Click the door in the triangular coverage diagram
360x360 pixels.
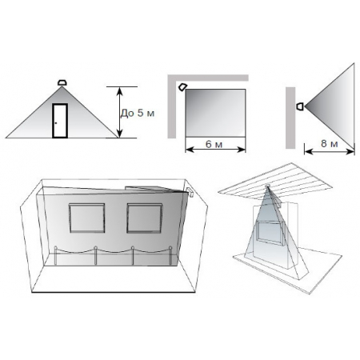point(60,121)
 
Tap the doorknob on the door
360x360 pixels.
point(56,123)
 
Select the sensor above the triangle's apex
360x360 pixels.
point(62,82)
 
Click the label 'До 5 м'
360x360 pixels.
point(138,113)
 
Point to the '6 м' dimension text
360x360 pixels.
point(214,144)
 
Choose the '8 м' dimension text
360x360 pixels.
point(330,143)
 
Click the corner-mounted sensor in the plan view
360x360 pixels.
point(182,87)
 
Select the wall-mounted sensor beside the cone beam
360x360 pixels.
point(300,106)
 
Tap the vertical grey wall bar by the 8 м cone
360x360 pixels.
point(290,118)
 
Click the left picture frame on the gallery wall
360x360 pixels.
point(87,218)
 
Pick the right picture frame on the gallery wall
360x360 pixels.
point(145,218)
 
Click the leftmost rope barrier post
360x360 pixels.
point(55,255)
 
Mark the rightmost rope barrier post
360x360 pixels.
point(170,255)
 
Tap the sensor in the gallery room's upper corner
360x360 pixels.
point(190,192)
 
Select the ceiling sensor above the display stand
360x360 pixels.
point(267,186)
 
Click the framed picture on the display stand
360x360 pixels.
point(270,234)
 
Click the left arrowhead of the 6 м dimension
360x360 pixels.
point(189,150)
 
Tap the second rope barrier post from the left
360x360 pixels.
point(95,255)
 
